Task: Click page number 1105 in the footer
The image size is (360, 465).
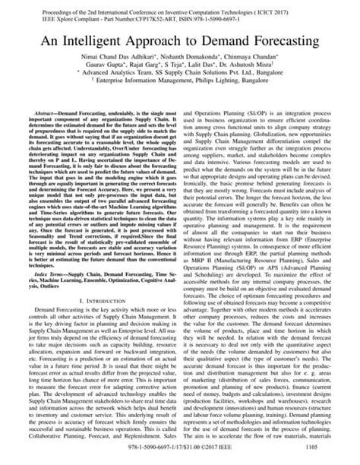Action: [319, 456]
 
